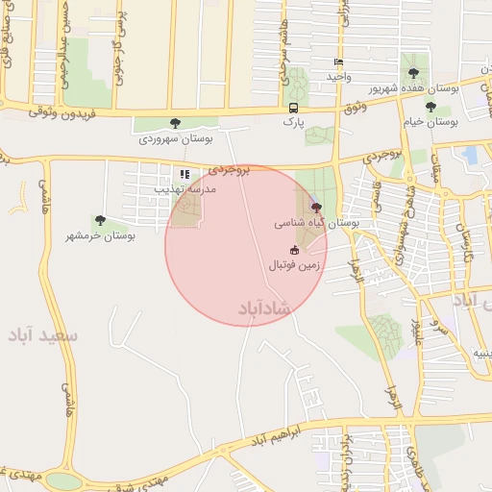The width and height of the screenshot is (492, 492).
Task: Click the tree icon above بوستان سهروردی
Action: [175, 123]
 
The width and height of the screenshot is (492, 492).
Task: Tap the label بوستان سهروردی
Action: [175, 139]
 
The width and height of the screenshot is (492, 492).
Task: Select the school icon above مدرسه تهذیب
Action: [183, 174]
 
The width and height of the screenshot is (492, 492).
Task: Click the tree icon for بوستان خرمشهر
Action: [100, 221]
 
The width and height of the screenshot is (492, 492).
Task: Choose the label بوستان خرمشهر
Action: [101, 235]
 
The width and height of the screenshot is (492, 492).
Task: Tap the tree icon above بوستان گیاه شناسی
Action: [316, 207]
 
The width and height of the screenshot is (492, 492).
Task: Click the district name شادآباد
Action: [261, 308]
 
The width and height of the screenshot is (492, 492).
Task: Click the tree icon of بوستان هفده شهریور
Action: [413, 73]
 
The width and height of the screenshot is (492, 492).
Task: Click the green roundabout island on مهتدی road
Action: [63, 480]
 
